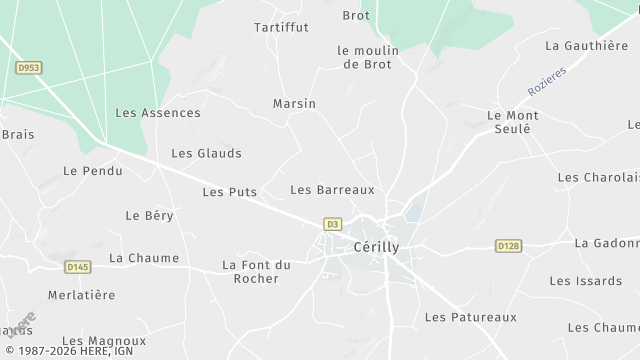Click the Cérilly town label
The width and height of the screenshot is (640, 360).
pyautogui.click(x=376, y=246)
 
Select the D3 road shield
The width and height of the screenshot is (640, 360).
pyautogui.click(x=333, y=224)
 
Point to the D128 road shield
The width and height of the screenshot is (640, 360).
pyautogui.click(x=509, y=245)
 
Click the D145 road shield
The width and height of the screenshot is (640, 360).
pyautogui.click(x=77, y=266)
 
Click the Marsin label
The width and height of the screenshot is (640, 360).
pyautogui.click(x=294, y=103)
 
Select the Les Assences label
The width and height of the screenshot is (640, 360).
pyautogui.click(x=158, y=113)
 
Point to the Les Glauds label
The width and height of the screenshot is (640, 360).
pyautogui.click(x=206, y=153)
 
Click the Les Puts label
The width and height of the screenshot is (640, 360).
pyautogui.click(x=229, y=191)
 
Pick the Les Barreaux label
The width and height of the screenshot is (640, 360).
pyautogui.click(x=331, y=189)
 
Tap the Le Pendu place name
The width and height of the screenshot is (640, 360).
pyautogui.click(x=92, y=171)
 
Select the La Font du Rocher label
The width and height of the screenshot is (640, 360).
pyautogui.click(x=255, y=271)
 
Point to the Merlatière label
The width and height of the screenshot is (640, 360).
pyautogui.click(x=82, y=295)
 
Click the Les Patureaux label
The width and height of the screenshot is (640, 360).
pyautogui.click(x=470, y=317)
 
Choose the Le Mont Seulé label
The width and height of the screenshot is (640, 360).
pyautogui.click(x=512, y=123)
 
